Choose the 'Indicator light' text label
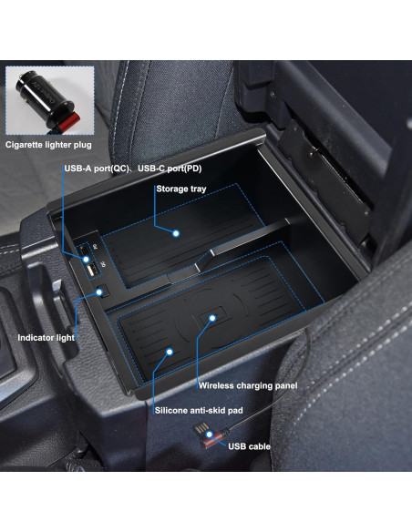click(x=45, y=337)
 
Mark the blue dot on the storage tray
click(x=176, y=232)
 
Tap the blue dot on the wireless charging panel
click(x=212, y=318)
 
